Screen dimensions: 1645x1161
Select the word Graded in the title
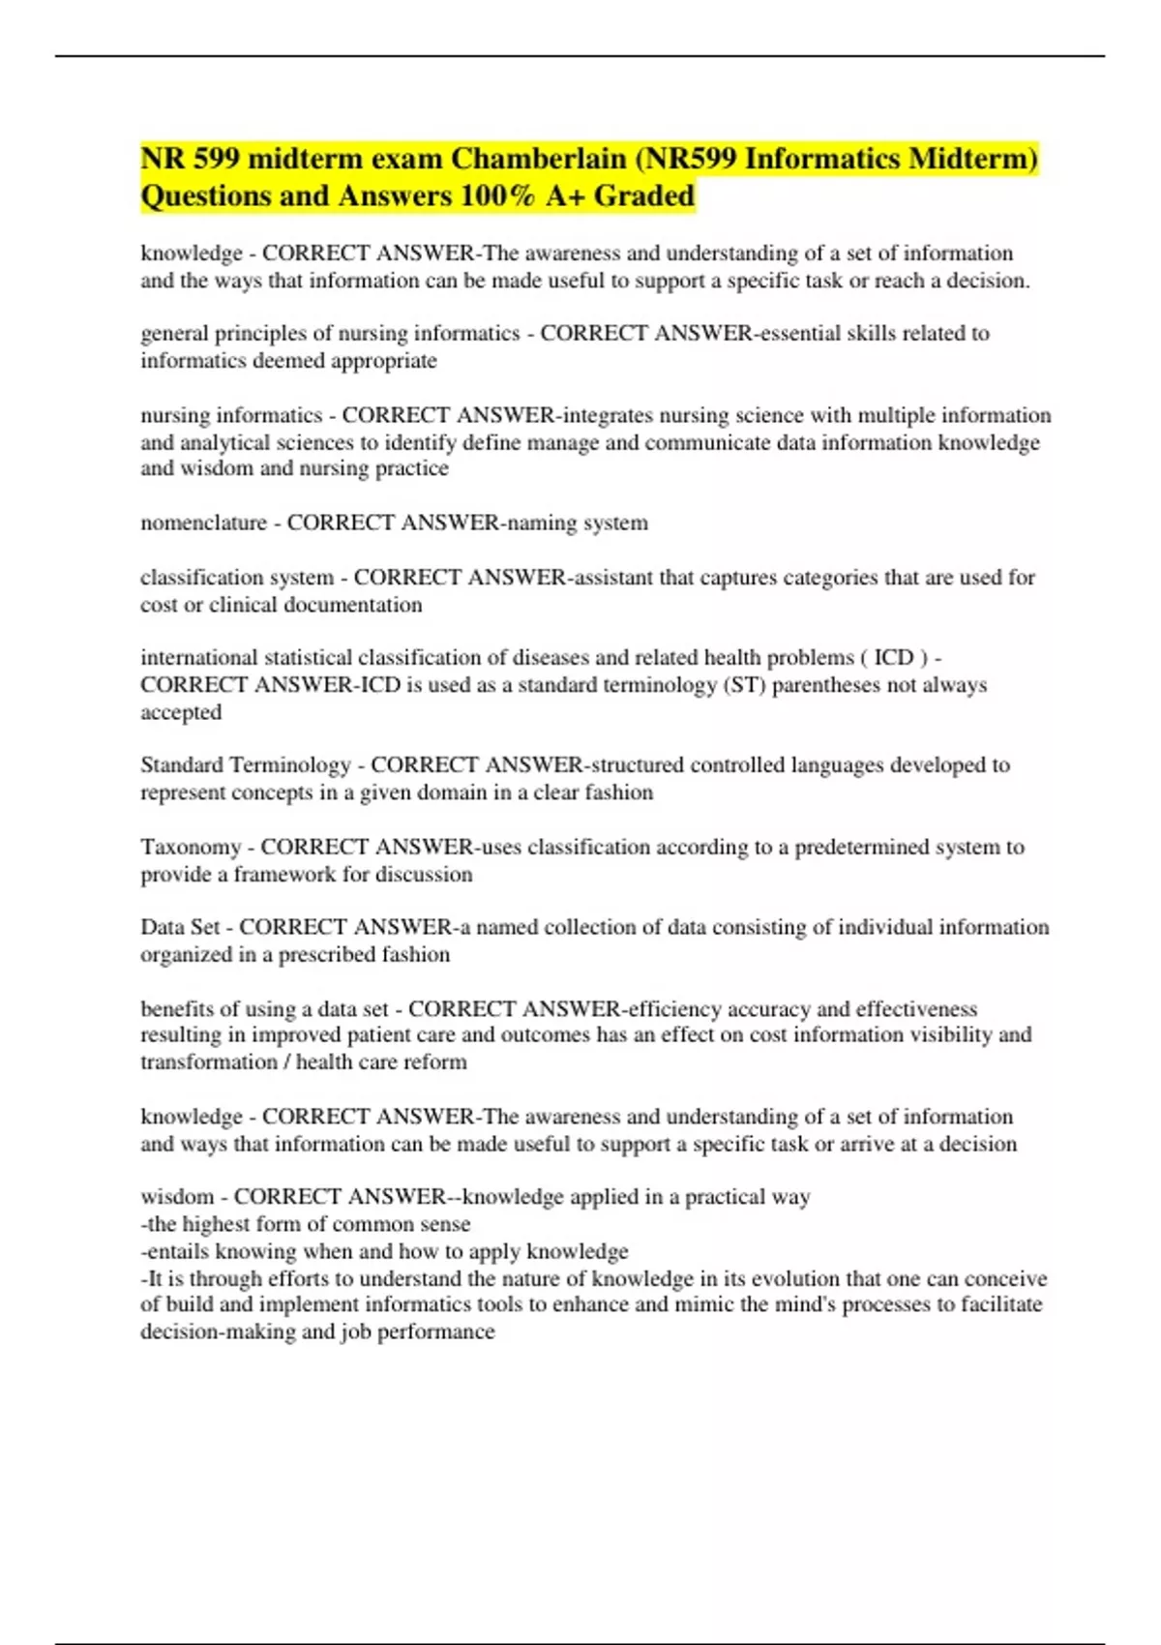644,196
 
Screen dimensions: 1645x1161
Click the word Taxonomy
191,848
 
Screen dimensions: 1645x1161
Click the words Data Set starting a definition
180,928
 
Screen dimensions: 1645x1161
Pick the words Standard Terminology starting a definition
246,765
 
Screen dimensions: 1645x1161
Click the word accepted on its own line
181,713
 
